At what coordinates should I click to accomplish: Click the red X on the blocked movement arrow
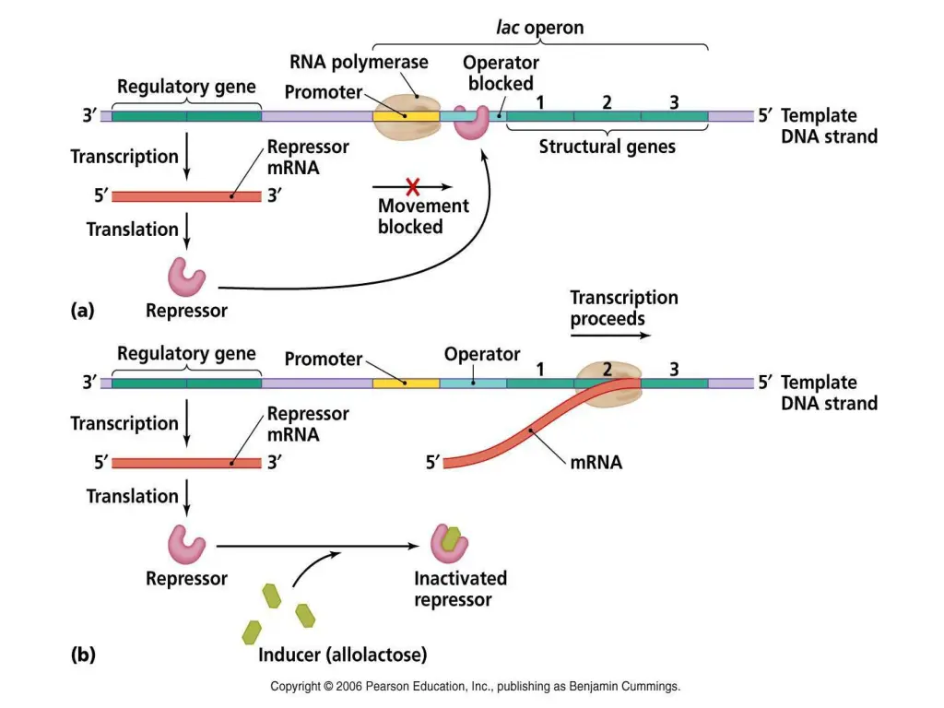pyautogui.click(x=412, y=185)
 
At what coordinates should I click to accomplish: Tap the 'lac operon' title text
pyautogui.click(x=540, y=28)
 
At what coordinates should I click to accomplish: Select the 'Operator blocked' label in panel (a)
pyautogui.click(x=501, y=73)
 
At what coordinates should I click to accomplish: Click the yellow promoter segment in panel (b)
pyautogui.click(x=406, y=383)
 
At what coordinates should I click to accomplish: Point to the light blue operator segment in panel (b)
pyautogui.click(x=473, y=383)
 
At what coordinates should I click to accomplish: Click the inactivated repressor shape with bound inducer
pyautogui.click(x=449, y=543)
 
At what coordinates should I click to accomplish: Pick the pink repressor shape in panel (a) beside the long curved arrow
pyautogui.click(x=186, y=276)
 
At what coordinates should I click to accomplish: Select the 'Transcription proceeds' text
pyautogui.click(x=623, y=308)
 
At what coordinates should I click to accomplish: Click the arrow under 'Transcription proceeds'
pyautogui.click(x=609, y=336)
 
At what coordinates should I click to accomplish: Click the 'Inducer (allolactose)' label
pyautogui.click(x=342, y=655)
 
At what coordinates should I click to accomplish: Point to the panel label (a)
pyautogui.click(x=82, y=311)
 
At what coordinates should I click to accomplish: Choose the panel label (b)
pyautogui.click(x=82, y=655)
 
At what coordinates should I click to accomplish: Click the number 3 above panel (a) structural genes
pyautogui.click(x=674, y=102)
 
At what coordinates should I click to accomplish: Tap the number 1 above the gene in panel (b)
pyautogui.click(x=539, y=369)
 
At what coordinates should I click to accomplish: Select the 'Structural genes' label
pyautogui.click(x=607, y=146)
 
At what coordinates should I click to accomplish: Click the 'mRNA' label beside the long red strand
pyautogui.click(x=596, y=462)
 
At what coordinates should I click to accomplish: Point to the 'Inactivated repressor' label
pyautogui.click(x=460, y=589)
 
